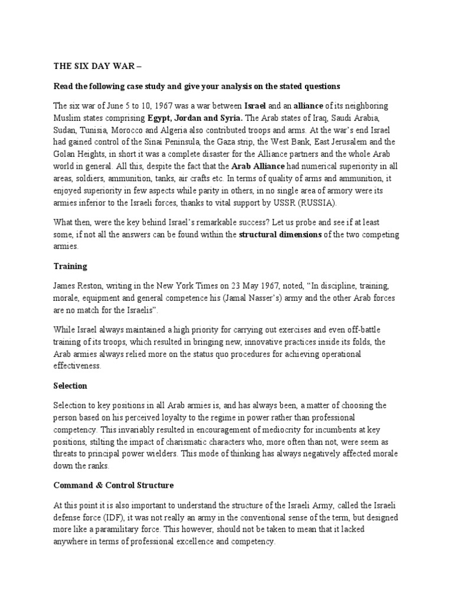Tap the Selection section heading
coord(70,385)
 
